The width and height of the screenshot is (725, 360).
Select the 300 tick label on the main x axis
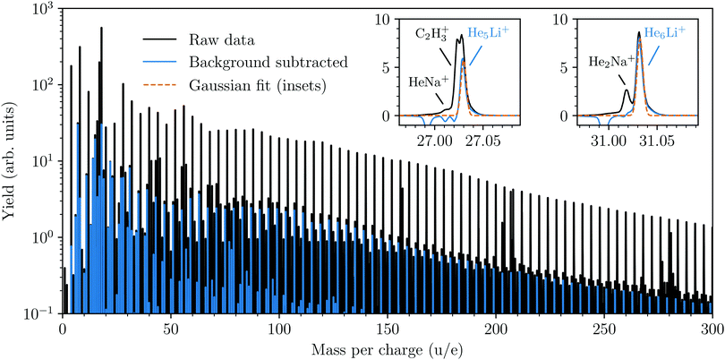point(712,328)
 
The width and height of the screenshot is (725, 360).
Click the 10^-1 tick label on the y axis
point(38,313)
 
